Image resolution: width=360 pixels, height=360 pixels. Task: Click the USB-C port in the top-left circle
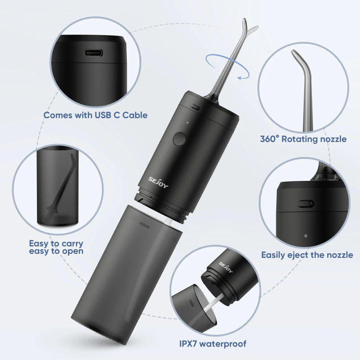(93, 52)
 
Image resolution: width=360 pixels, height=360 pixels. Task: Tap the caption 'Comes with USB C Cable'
(95, 115)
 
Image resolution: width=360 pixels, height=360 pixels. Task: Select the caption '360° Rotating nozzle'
(303, 139)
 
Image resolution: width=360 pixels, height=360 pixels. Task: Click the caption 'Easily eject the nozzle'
(307, 255)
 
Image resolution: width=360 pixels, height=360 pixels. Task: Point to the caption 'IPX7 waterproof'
(213, 344)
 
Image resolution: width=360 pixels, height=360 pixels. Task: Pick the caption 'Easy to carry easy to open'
(56, 247)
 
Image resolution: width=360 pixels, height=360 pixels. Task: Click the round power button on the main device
(179, 139)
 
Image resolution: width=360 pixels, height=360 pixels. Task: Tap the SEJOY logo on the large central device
(158, 183)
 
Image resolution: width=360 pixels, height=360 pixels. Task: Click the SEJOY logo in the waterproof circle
(226, 265)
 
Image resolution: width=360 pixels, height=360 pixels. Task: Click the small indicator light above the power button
(187, 122)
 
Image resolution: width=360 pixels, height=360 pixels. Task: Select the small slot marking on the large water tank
(145, 224)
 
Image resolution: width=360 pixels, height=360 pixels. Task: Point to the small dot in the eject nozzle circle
(306, 235)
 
